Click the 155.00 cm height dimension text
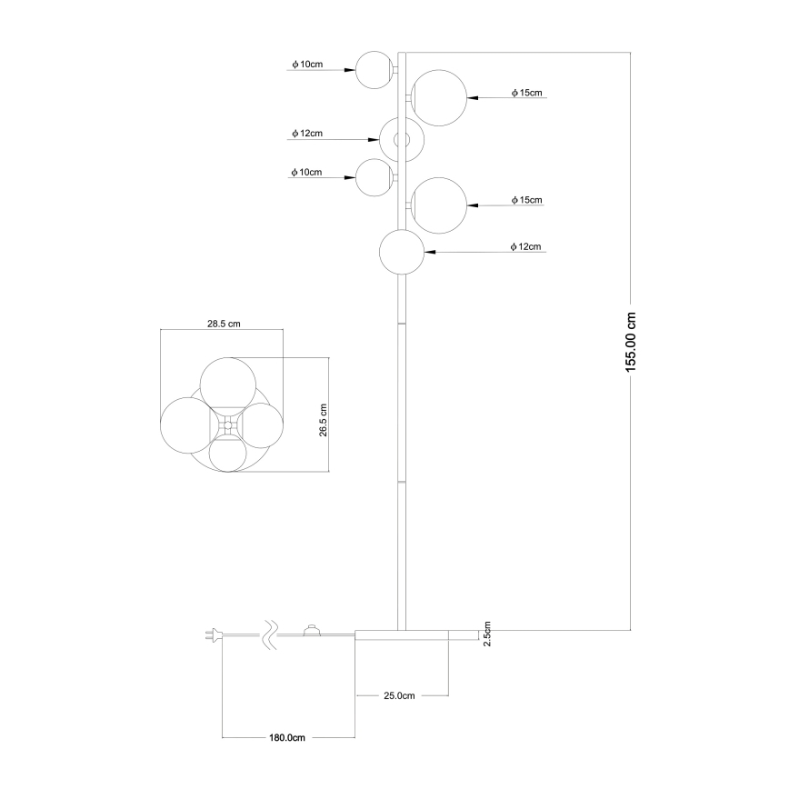(633, 341)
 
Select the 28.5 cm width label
(223, 324)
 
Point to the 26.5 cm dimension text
(323, 417)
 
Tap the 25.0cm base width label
(399, 695)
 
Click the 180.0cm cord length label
(287, 737)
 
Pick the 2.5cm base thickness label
(487, 634)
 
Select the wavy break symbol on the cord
(269, 635)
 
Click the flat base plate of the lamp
(416, 634)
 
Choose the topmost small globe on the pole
(373, 70)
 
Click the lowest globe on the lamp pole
(402, 253)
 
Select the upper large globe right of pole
(438, 95)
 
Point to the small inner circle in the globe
(403, 140)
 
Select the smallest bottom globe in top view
(226, 452)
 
